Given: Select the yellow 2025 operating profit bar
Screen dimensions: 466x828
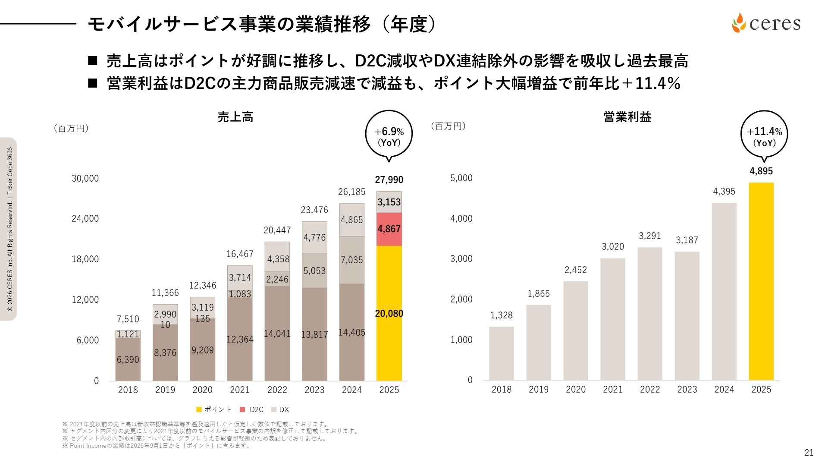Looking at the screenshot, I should point(761,280).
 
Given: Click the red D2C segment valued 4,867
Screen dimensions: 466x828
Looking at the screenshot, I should point(389,229).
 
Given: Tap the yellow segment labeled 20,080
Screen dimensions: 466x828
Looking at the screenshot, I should point(389,313).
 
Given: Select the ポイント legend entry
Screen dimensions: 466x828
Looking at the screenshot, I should point(214,409).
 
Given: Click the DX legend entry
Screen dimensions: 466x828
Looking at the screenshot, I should point(280,409).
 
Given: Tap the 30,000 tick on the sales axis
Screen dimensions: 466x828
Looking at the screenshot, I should point(85,178).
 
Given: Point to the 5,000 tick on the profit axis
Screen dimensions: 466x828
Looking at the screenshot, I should point(461,178).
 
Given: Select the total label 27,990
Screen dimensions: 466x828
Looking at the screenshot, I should point(389,179).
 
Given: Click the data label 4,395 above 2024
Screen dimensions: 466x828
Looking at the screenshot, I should point(724,191).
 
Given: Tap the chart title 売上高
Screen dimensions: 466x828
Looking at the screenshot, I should point(235,117).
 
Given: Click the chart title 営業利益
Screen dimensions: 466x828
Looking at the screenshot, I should point(627,117).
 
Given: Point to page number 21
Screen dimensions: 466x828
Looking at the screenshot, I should point(809,452).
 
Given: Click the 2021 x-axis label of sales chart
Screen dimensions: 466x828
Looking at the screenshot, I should point(240,390).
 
